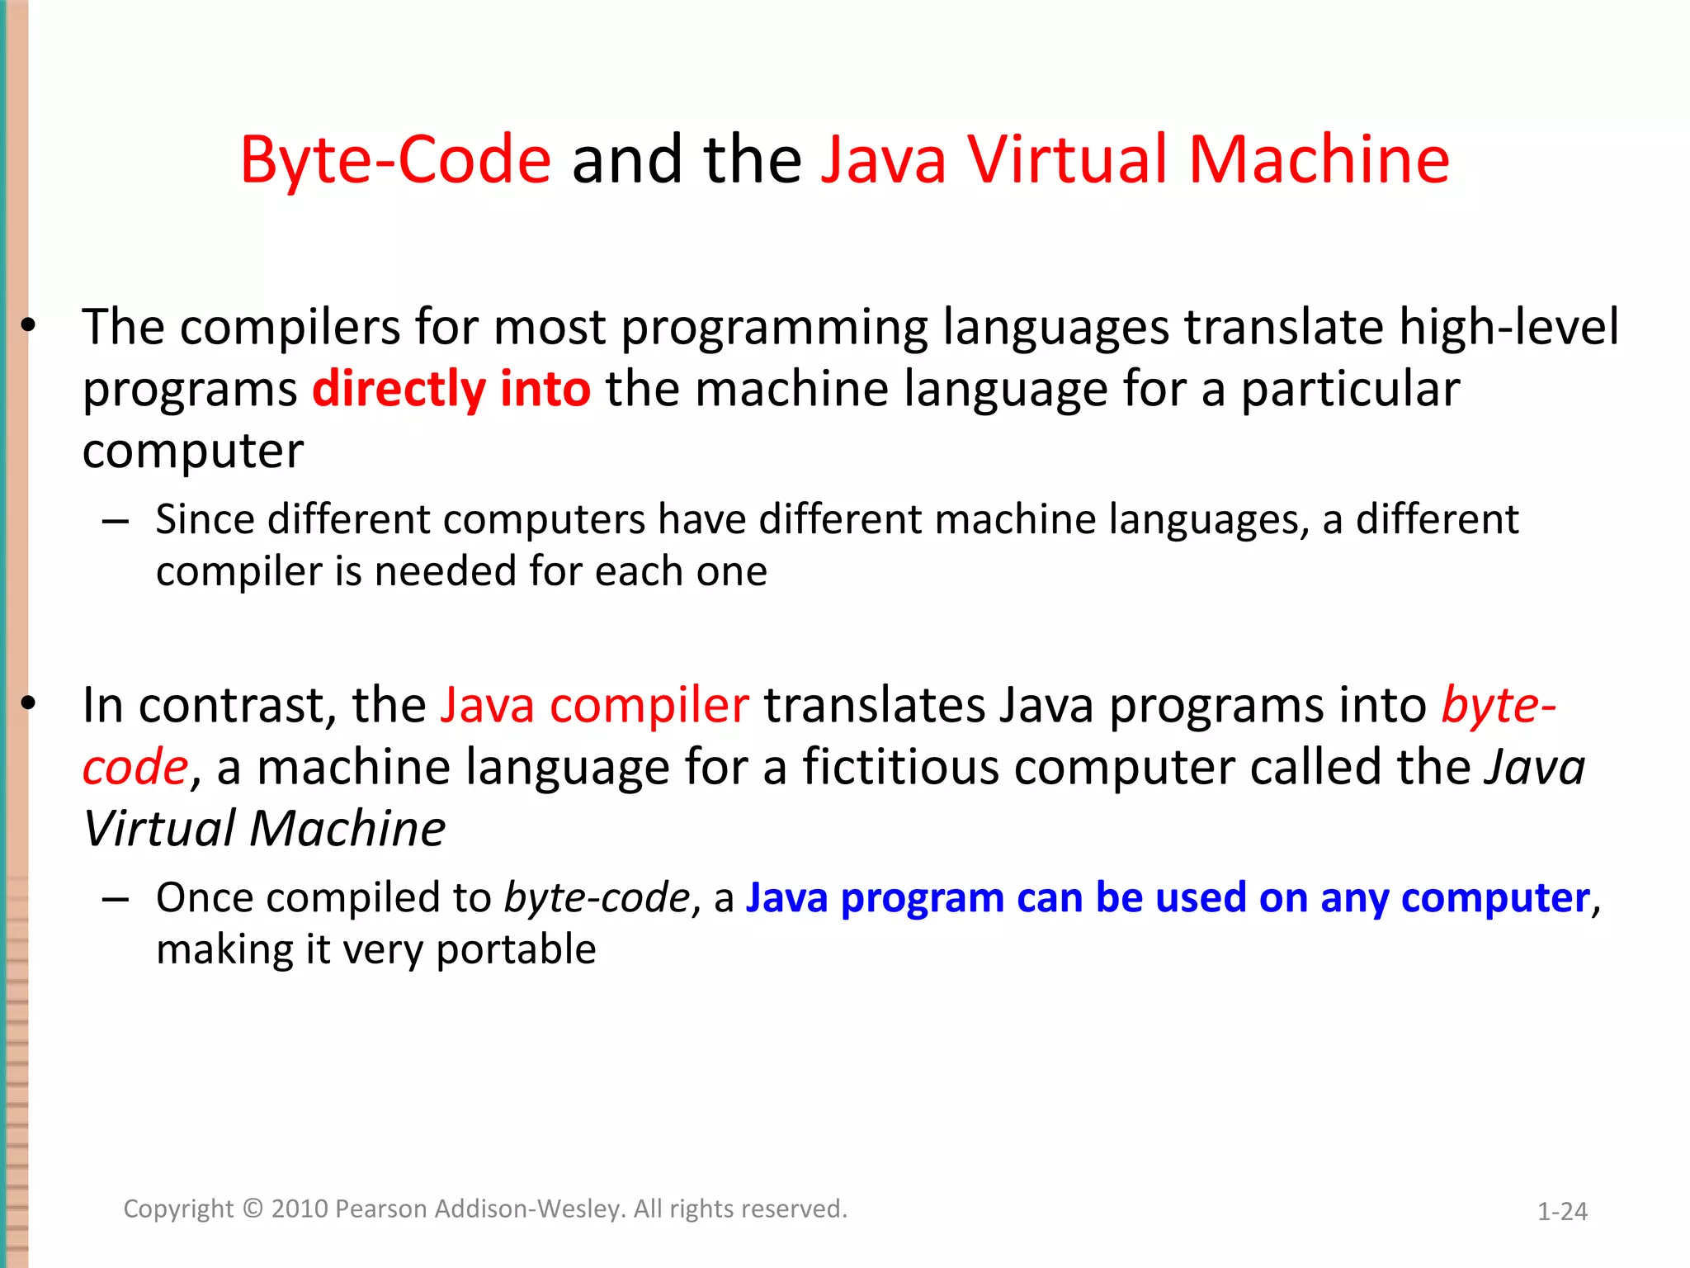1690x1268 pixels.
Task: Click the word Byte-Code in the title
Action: [x=395, y=159]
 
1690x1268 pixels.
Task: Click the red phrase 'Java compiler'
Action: [x=594, y=705]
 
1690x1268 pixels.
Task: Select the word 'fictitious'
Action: [x=900, y=766]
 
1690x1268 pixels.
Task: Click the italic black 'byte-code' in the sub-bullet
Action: [x=597, y=897]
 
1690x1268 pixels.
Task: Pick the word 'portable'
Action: [x=516, y=949]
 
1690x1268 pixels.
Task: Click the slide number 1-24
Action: [x=1562, y=1211]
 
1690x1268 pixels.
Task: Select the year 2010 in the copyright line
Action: [x=300, y=1209]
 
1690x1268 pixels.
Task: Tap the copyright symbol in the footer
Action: [x=253, y=1209]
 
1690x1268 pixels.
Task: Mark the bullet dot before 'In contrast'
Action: [x=29, y=704]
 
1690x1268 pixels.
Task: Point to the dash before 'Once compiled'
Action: [x=116, y=898]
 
